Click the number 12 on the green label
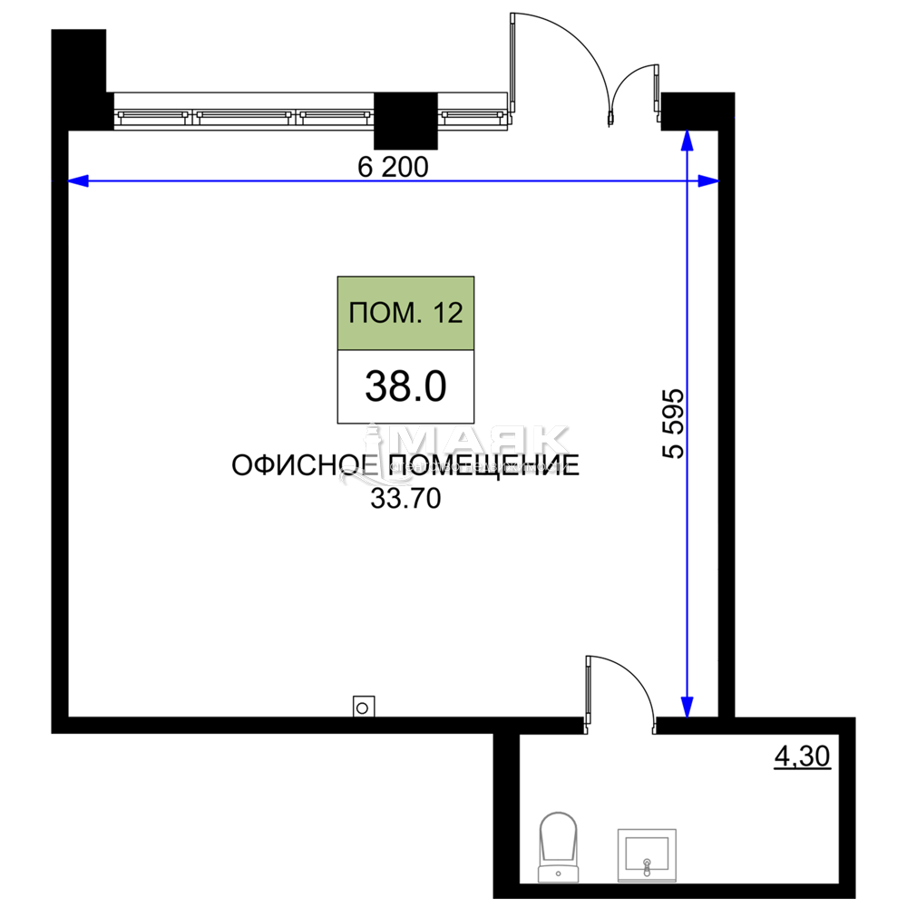[x=448, y=314]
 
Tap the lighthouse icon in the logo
[x=372, y=449]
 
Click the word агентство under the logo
[x=424, y=467]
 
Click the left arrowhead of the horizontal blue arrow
[x=78, y=181]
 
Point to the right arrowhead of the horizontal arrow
[x=708, y=181]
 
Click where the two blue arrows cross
[x=688, y=181]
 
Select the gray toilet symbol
[x=557, y=847]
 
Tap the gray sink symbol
[x=647, y=854]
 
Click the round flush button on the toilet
[x=557, y=873]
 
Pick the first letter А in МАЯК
[x=458, y=440]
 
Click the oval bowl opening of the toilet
[x=557, y=839]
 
